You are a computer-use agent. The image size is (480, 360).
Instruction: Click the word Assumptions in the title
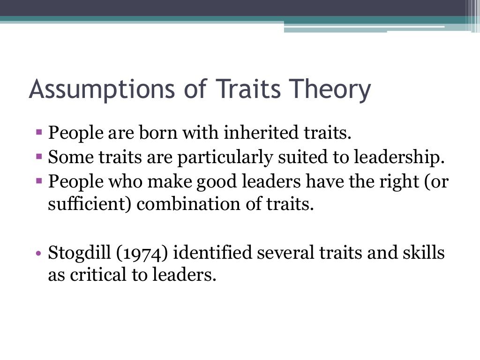click(102, 89)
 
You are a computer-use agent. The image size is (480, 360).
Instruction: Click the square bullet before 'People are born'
click(39, 132)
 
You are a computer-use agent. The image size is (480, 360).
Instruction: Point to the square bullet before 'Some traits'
click(39, 157)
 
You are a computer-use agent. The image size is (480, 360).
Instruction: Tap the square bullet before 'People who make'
click(39, 181)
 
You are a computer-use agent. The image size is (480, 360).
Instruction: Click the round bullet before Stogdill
click(38, 253)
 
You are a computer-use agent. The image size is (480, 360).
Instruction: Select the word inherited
click(261, 133)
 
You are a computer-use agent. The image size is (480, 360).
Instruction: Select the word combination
click(188, 204)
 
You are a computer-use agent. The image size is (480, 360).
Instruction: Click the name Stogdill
click(79, 254)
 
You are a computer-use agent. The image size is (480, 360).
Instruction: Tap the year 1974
click(142, 254)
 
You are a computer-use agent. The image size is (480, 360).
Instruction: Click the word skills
click(423, 253)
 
